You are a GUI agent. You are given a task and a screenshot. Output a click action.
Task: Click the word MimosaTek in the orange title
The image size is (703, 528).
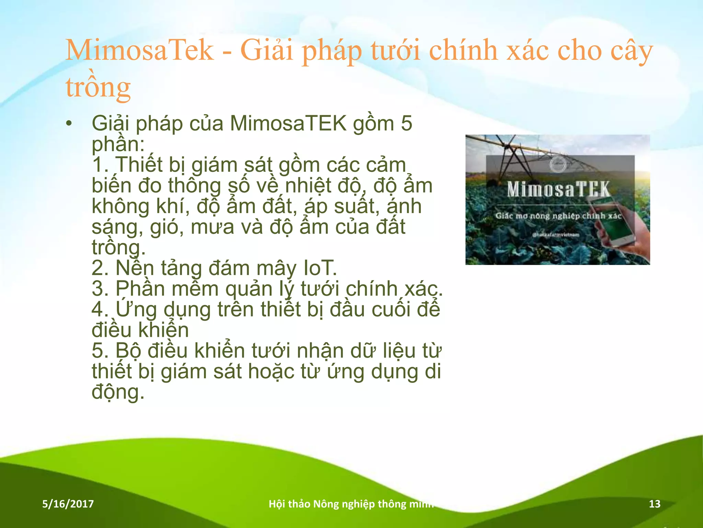[x=139, y=50]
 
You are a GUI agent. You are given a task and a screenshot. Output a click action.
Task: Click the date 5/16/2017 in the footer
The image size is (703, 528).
[x=68, y=504]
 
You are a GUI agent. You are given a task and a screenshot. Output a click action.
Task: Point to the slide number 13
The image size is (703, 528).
[x=655, y=504]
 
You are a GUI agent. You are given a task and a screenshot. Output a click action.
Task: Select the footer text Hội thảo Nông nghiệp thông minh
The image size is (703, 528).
[x=351, y=504]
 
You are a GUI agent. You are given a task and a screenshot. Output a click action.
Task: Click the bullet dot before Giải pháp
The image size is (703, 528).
[x=69, y=124]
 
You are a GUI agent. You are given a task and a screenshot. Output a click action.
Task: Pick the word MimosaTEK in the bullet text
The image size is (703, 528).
[x=288, y=123]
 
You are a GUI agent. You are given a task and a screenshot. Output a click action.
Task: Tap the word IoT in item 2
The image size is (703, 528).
[x=319, y=268]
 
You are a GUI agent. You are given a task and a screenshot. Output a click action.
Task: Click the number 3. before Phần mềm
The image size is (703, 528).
[x=100, y=289]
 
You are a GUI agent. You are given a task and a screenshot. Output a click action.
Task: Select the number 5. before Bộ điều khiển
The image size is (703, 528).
[x=100, y=351]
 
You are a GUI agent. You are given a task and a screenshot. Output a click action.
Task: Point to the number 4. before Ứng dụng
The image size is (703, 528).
[x=100, y=309]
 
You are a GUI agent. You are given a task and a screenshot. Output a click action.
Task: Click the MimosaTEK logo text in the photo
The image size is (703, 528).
[x=558, y=189]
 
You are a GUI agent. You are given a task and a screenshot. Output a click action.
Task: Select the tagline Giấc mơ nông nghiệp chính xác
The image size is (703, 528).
[x=558, y=216]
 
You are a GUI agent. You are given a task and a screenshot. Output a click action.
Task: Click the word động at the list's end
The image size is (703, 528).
[x=117, y=392]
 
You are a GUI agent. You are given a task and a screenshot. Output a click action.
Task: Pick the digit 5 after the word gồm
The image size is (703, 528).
[x=406, y=123]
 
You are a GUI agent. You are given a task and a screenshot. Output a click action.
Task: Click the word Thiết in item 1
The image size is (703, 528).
[x=139, y=165]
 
